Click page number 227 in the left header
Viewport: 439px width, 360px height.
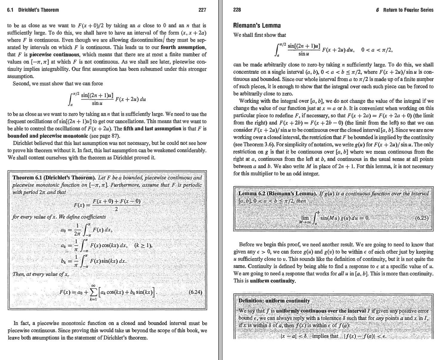pyautogui.click(x=202, y=10)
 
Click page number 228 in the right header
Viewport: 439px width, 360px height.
pyautogui.click(x=237, y=10)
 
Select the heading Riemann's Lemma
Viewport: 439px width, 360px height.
pyautogui.click(x=257, y=25)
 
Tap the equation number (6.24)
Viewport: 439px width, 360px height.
pyautogui.click(x=196, y=292)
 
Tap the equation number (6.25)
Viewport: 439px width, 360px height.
pyautogui.click(x=422, y=218)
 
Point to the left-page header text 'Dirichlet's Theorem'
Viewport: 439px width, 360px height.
pyautogui.click(x=38, y=10)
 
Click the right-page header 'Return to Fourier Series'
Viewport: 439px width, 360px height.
pyautogui.click(x=408, y=10)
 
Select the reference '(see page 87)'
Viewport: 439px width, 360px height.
pyautogui.click(x=98, y=136)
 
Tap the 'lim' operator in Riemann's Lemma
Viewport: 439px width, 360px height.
pyautogui.click(x=305, y=218)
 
